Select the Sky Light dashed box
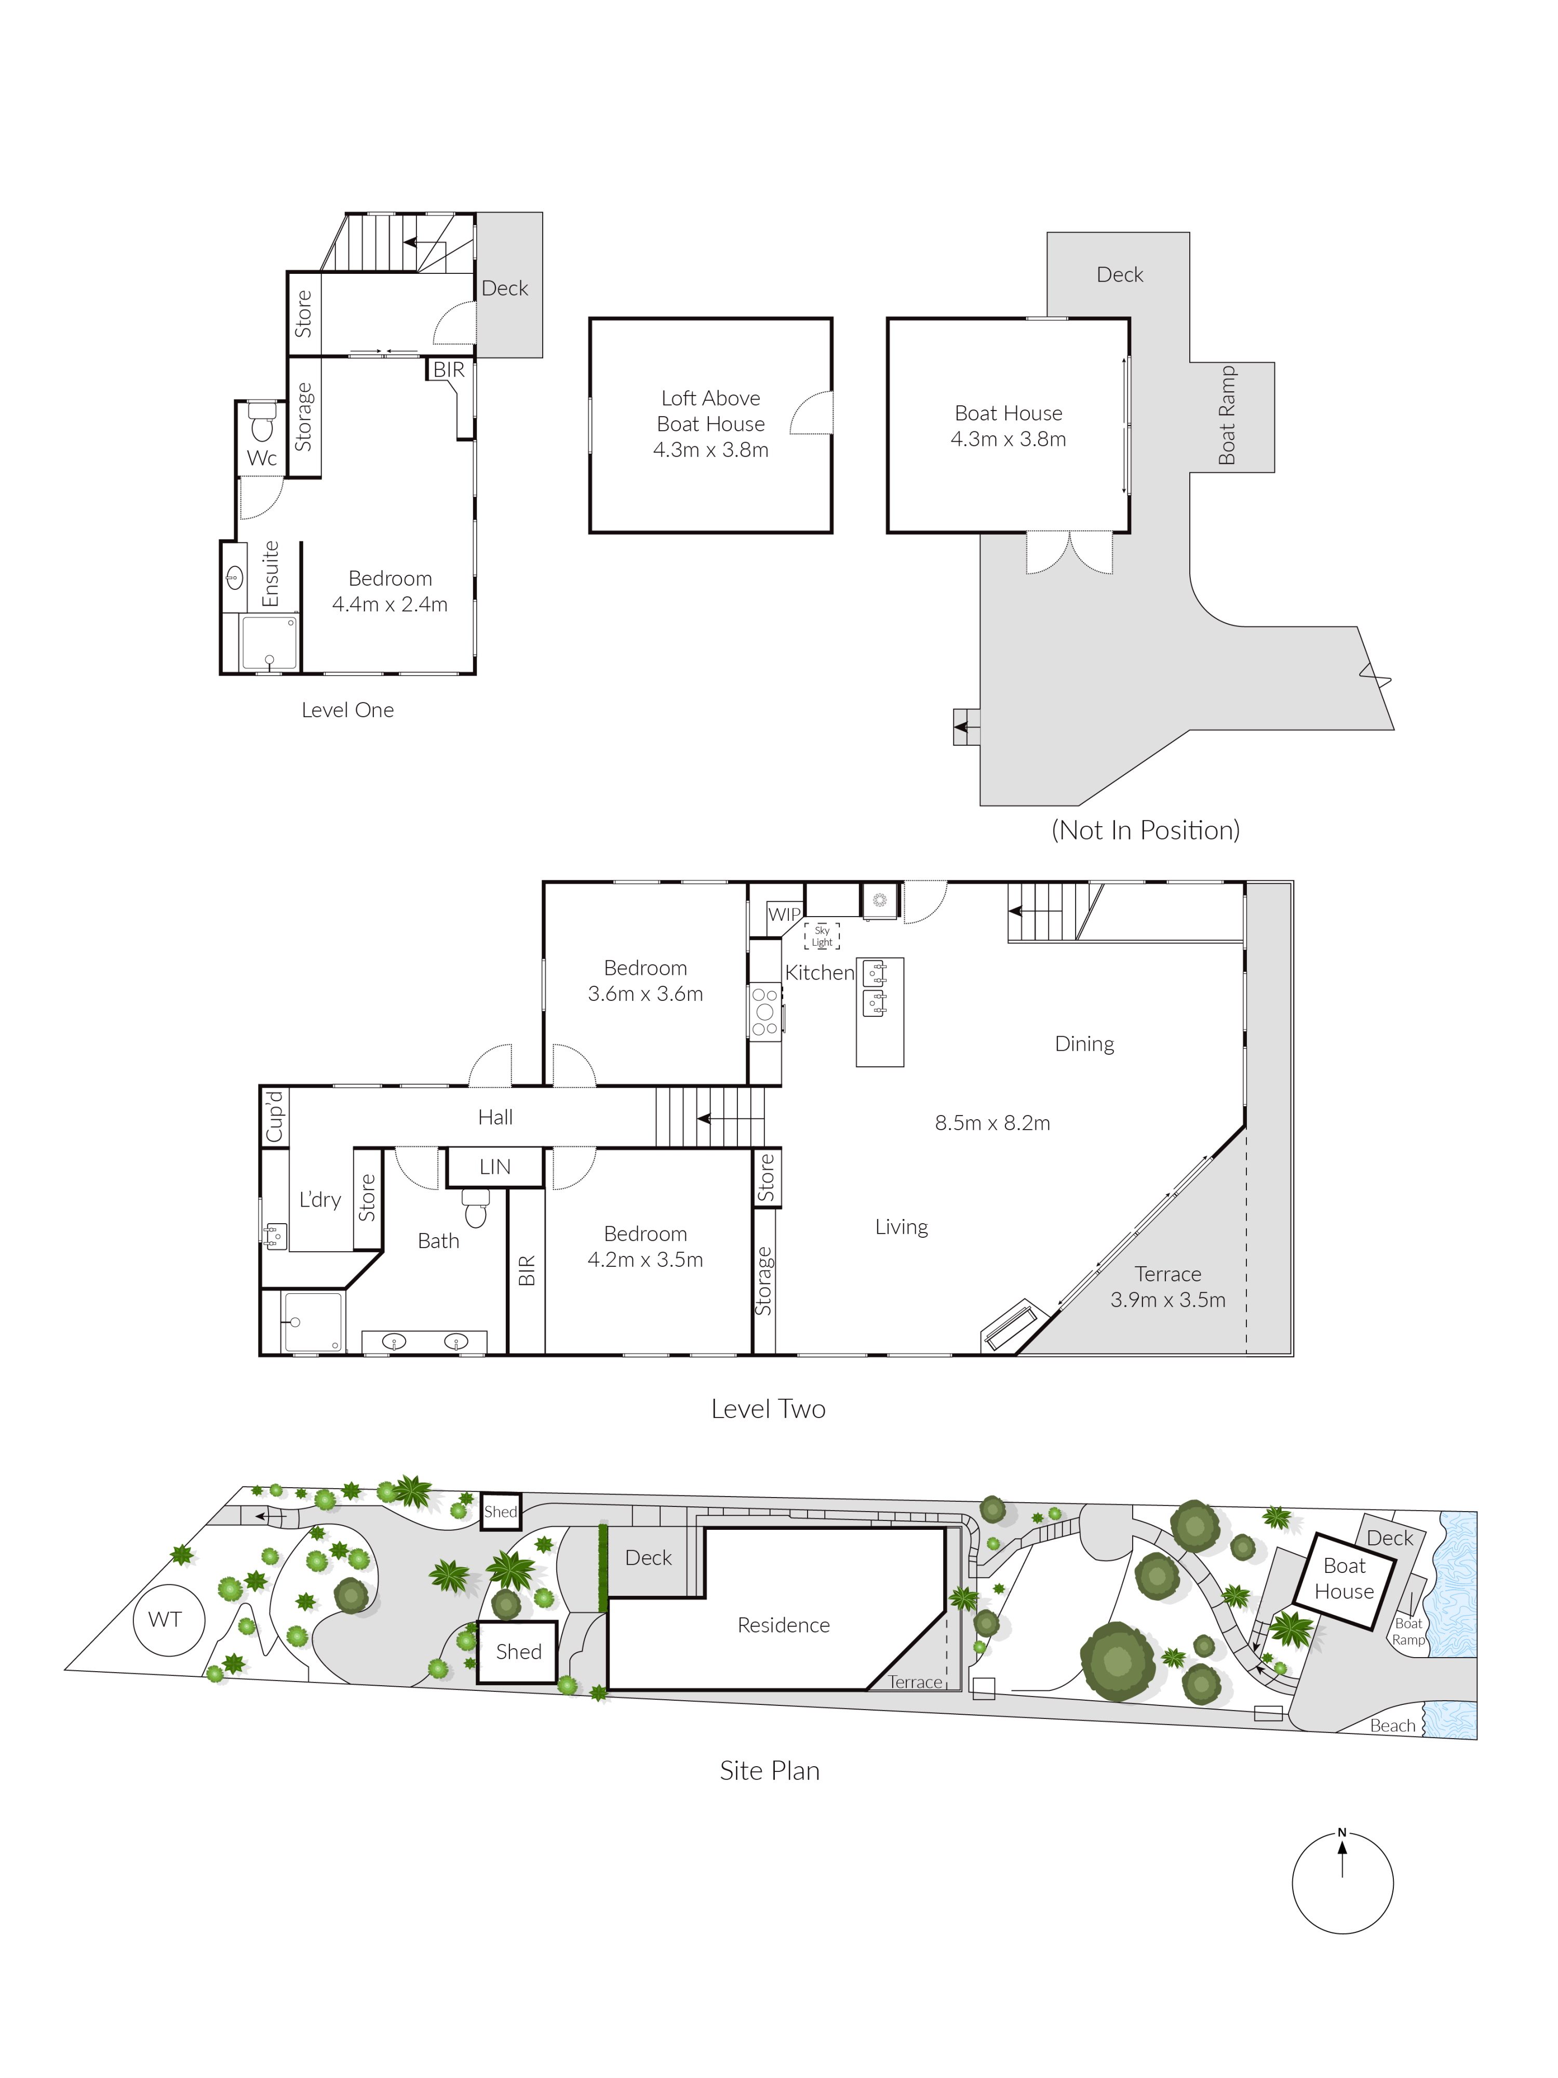822,936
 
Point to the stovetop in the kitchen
764,1011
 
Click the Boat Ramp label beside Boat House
1227,415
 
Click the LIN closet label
495,1167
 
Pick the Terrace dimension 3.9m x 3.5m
1167,1299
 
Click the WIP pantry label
784,914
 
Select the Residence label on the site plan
783,1624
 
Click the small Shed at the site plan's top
501,1512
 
